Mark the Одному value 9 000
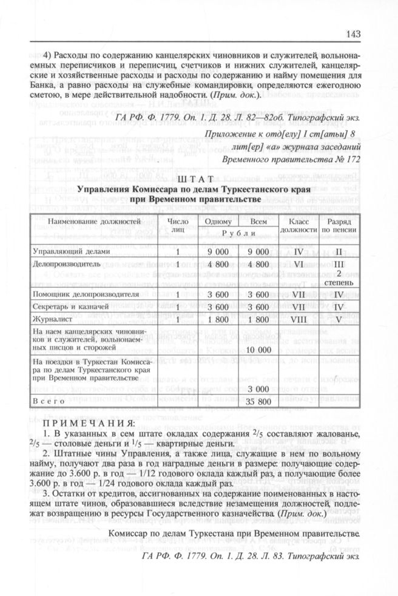[x=215, y=251]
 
